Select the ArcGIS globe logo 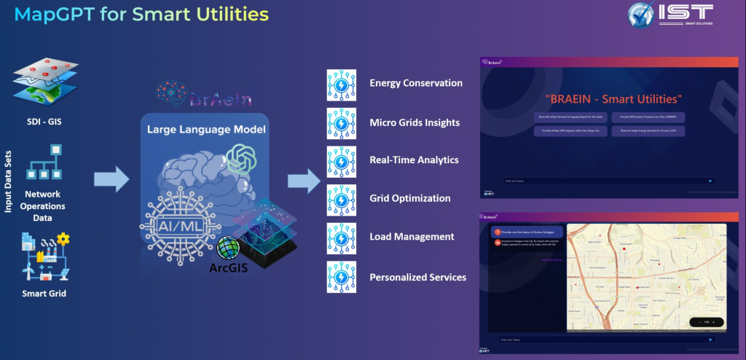pos(228,248)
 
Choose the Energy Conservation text pos(416,83)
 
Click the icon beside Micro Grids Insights pos(340,122)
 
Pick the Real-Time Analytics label pos(414,160)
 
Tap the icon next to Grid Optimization pos(340,198)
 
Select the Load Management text pos(412,237)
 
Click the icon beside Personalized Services pos(340,277)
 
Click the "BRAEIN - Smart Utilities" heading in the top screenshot pos(613,98)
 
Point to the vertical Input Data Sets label pos(8,178)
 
